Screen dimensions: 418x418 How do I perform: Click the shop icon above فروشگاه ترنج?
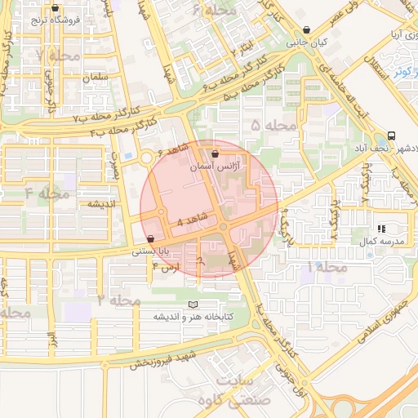coord(55,9)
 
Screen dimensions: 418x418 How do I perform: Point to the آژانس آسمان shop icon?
coord(215,153)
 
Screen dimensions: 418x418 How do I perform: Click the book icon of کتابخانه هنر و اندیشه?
coord(193,305)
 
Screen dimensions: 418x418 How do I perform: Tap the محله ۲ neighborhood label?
coord(119,301)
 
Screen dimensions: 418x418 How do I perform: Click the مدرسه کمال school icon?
coord(381,229)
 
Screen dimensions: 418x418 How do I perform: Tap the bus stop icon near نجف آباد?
coord(393,136)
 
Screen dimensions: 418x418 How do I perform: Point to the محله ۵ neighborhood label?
coord(273,125)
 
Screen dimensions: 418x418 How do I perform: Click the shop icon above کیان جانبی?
coord(306,29)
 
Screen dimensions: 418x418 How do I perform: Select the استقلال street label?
coord(378,72)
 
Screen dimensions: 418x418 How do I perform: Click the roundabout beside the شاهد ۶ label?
coord(148,158)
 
